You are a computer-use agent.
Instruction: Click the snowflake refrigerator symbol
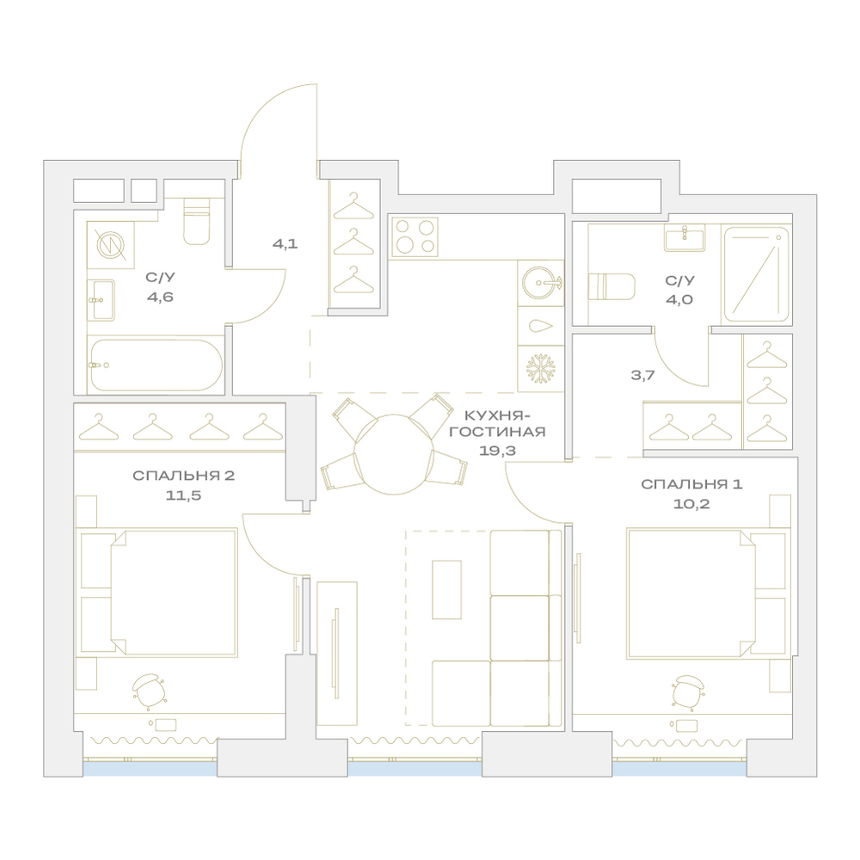coord(541,368)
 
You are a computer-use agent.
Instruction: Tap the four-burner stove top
coord(415,236)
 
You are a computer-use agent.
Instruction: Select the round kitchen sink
coord(540,283)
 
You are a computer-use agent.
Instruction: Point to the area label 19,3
coord(497,451)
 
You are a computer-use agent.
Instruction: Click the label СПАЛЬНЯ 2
coord(184,476)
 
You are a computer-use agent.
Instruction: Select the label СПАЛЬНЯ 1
coord(691,484)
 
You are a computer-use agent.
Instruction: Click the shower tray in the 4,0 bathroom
coord(756,273)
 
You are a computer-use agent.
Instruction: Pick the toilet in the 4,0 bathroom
coord(611,287)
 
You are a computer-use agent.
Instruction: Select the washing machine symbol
coord(111,244)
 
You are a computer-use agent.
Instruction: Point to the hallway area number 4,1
coord(286,243)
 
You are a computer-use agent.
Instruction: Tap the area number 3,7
coord(642,376)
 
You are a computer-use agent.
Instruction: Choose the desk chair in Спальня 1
coord(688,692)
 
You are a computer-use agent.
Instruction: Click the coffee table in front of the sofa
coord(446,590)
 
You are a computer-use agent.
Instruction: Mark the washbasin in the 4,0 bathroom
coord(685,237)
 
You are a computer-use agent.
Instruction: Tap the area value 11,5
coord(184,495)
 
